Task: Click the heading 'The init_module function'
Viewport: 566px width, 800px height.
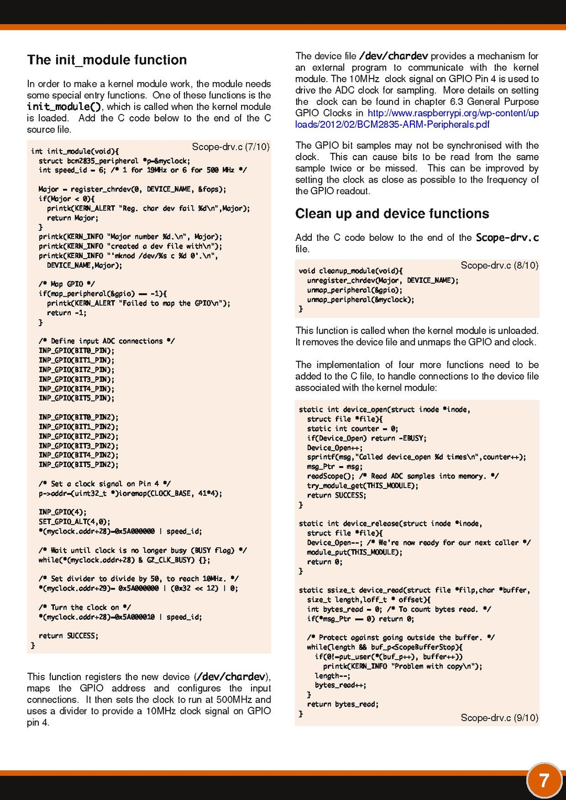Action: pyautogui.click(x=107, y=60)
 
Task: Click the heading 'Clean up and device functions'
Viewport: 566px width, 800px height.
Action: pyautogui.click(x=392, y=214)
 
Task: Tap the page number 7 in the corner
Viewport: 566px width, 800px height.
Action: pyautogui.click(x=544, y=781)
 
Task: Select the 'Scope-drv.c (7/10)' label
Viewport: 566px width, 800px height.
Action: pyautogui.click(x=231, y=147)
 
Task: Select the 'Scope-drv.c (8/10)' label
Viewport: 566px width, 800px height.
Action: pyautogui.click(x=499, y=265)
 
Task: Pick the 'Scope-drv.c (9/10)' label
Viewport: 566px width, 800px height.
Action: pyautogui.click(x=499, y=718)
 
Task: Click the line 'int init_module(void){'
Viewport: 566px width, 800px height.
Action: pyautogui.click(x=75, y=151)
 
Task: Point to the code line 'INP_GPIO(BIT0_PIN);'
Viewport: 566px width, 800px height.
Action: pyautogui.click(x=76, y=351)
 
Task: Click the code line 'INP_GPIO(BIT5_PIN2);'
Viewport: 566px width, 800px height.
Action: pyautogui.click(x=78, y=465)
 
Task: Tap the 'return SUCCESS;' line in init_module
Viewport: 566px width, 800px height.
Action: pyautogui.click(x=68, y=636)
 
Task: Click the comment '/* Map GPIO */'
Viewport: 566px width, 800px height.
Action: pyautogui.click(x=67, y=284)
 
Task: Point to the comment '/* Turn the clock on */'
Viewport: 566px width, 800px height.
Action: pyautogui.click(x=84, y=607)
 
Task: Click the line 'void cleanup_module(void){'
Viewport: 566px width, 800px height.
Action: pyautogui.click(x=351, y=271)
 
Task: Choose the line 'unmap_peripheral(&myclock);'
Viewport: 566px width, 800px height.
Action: pyautogui.click(x=361, y=299)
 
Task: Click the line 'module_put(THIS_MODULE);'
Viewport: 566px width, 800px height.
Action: pyautogui.click(x=355, y=552)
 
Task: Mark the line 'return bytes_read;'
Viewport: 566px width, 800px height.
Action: pyautogui.click(x=343, y=704)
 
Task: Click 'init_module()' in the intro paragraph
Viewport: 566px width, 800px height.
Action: pyautogui.click(x=64, y=107)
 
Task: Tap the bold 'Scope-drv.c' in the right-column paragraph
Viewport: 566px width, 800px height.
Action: pyautogui.click(x=507, y=238)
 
